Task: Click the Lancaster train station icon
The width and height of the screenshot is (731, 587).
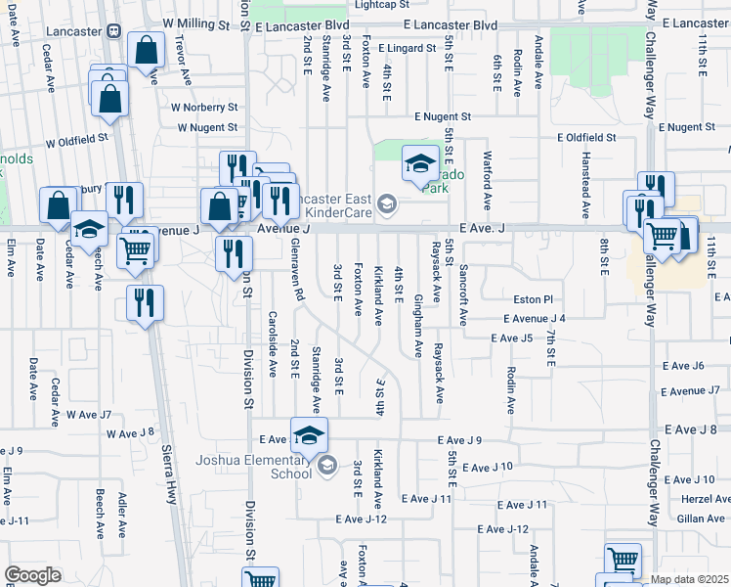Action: click(x=115, y=30)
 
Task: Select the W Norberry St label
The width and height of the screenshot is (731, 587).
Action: click(x=204, y=107)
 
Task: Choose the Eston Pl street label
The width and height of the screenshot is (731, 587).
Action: click(x=533, y=299)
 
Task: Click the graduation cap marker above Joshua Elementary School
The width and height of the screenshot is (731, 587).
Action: click(x=310, y=435)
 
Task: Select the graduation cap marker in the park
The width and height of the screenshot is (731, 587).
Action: click(x=420, y=163)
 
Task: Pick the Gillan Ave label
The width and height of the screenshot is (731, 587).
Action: click(x=700, y=518)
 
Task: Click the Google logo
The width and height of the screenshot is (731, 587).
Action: click(x=32, y=575)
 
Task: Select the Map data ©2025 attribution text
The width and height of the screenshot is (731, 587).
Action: click(x=689, y=579)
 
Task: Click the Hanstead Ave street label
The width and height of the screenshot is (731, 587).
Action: click(x=586, y=186)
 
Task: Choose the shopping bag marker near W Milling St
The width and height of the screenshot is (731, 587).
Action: click(x=146, y=53)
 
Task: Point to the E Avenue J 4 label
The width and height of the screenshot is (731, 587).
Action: click(x=535, y=319)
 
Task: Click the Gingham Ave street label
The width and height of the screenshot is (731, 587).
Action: click(x=418, y=324)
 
